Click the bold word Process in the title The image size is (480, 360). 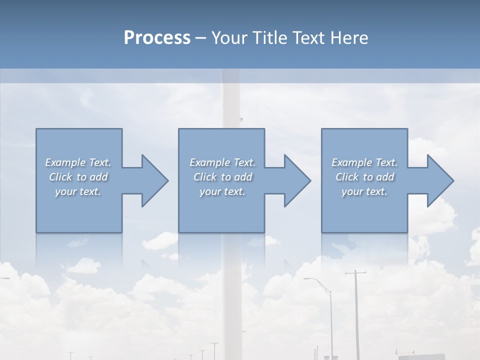pyautogui.click(x=157, y=38)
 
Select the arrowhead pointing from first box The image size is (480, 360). pyautogui.click(x=152, y=180)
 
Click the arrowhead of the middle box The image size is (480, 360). pyautogui.click(x=295, y=180)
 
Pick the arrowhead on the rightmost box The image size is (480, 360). pyautogui.click(x=438, y=180)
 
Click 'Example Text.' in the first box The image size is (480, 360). pyautogui.click(x=78, y=162)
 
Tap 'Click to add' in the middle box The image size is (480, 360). pyautogui.click(x=222, y=177)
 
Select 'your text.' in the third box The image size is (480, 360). pyautogui.click(x=364, y=191)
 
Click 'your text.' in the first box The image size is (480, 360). pyautogui.click(x=78, y=191)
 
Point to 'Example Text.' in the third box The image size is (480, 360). pyautogui.click(x=364, y=162)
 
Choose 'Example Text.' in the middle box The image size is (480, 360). pyautogui.click(x=222, y=162)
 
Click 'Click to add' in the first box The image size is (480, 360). pyautogui.click(x=78, y=177)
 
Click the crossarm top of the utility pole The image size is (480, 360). pyautogui.click(x=355, y=273)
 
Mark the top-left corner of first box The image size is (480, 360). pyautogui.click(x=36, y=129)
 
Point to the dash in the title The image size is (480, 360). pyautogui.click(x=201, y=38)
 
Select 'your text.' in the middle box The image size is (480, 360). pyautogui.click(x=222, y=191)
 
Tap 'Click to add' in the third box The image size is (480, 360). pyautogui.click(x=364, y=177)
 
